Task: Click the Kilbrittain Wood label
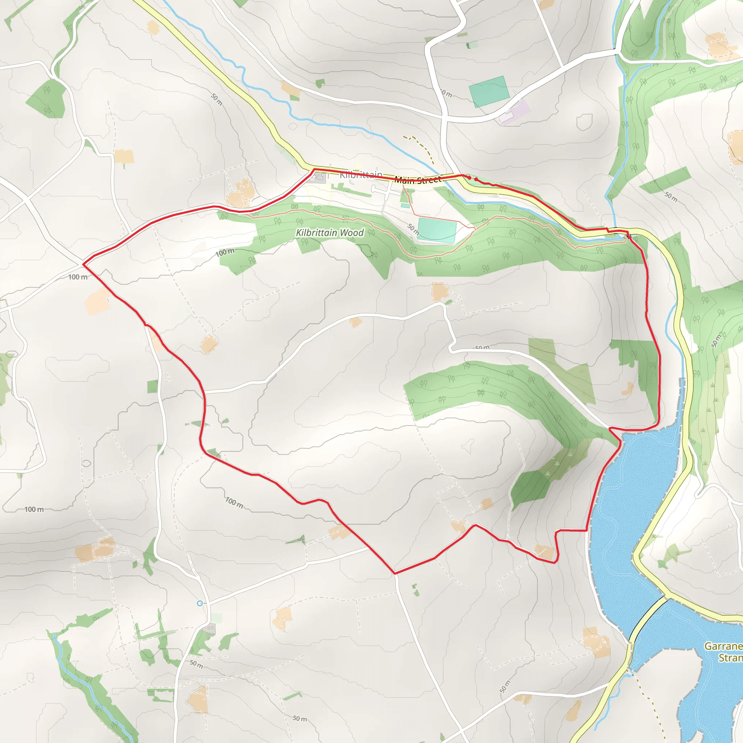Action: click(329, 233)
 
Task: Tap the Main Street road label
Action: click(418, 180)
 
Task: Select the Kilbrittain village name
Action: click(361, 175)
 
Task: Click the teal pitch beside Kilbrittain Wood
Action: click(437, 230)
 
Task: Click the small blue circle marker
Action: click(200, 603)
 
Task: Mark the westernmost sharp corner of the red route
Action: click(83, 264)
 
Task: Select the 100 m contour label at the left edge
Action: click(34, 509)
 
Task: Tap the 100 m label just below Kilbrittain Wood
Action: click(225, 252)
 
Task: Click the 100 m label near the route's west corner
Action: click(78, 277)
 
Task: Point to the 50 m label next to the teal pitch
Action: click(414, 229)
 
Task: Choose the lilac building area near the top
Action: click(515, 111)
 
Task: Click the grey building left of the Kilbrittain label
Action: click(319, 178)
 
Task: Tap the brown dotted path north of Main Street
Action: click(421, 146)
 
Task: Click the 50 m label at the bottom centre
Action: click(300, 718)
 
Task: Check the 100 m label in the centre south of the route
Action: click(234, 502)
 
